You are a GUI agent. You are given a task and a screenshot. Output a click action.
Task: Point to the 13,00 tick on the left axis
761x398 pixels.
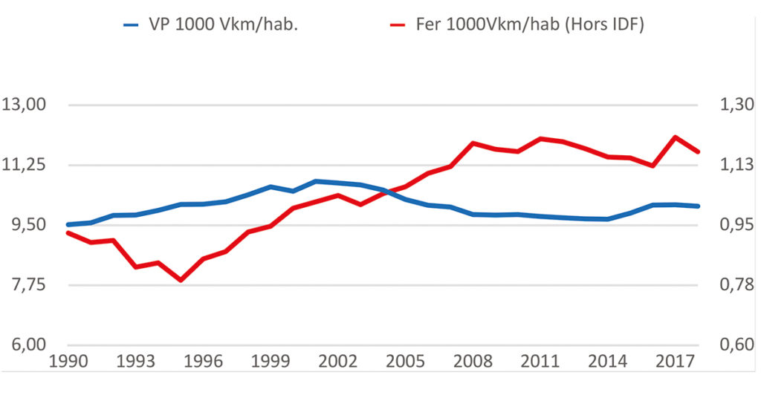25,105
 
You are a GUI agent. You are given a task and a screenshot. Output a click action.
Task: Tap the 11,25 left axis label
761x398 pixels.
25,165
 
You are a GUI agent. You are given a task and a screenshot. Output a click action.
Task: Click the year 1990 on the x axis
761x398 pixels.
68,362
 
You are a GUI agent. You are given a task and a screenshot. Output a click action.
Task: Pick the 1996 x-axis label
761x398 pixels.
203,362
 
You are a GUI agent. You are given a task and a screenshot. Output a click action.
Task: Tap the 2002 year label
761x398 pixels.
338,362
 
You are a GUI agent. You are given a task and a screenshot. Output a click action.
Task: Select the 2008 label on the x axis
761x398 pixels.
473,362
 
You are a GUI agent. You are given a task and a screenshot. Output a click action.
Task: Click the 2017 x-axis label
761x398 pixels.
676,362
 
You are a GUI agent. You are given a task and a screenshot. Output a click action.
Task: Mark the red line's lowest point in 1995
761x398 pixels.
181,280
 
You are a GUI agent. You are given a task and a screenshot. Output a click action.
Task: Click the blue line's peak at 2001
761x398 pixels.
316,181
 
